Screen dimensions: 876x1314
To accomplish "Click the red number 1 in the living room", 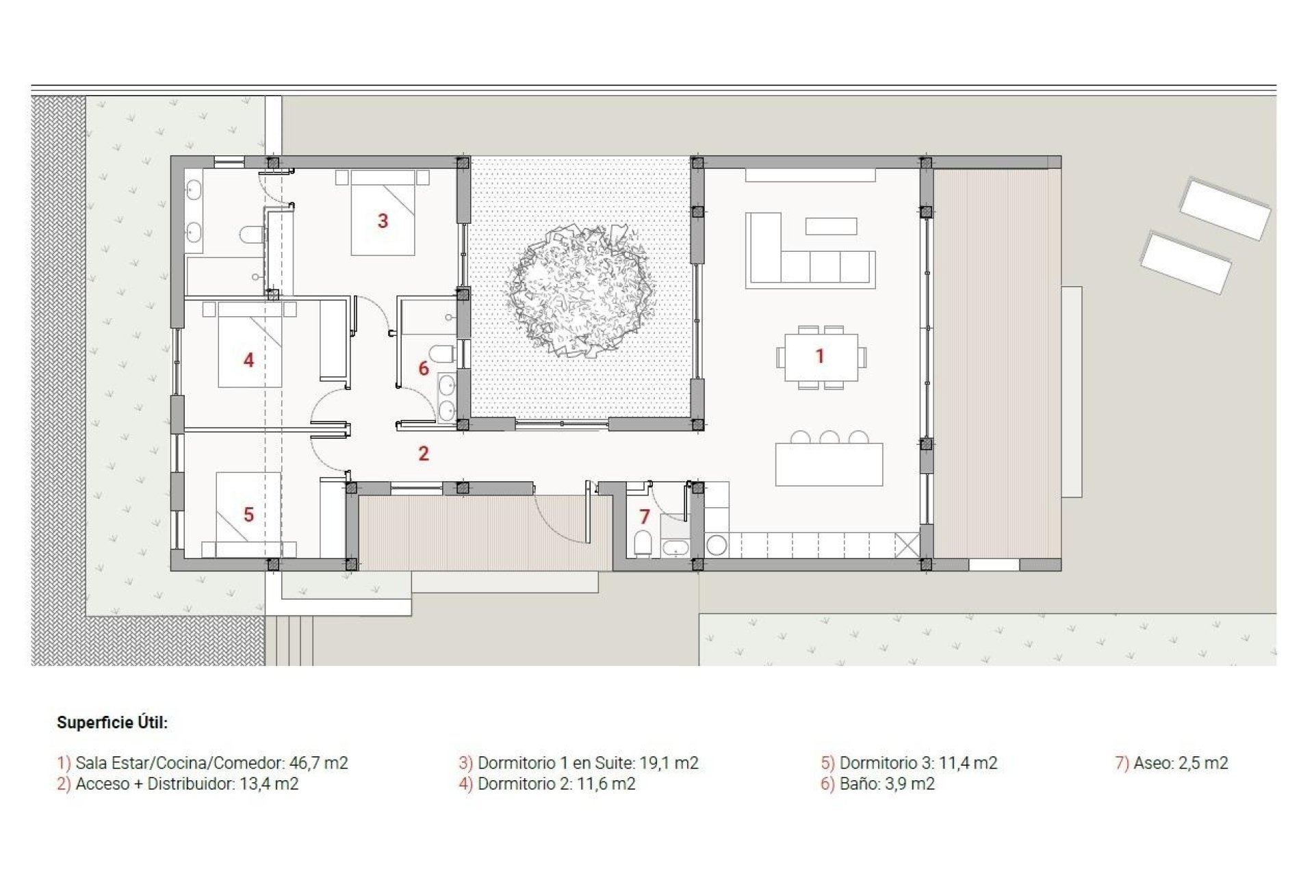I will tap(819, 356).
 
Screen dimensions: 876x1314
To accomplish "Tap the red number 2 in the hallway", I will tap(424, 453).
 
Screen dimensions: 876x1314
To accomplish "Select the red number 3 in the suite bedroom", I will tap(383, 220).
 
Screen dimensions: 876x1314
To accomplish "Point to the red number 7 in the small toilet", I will tap(644, 517).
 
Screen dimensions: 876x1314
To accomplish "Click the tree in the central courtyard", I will tap(580, 291).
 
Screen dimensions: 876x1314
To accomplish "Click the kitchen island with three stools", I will tap(829, 464).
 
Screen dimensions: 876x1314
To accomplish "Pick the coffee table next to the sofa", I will tap(831, 226).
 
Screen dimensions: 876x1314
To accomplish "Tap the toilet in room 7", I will tap(643, 545).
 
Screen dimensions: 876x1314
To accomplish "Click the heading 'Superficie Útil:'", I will tap(112, 723).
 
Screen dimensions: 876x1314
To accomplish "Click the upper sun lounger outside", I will tap(1224, 208).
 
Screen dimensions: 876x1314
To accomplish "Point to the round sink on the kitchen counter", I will tap(717, 545).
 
